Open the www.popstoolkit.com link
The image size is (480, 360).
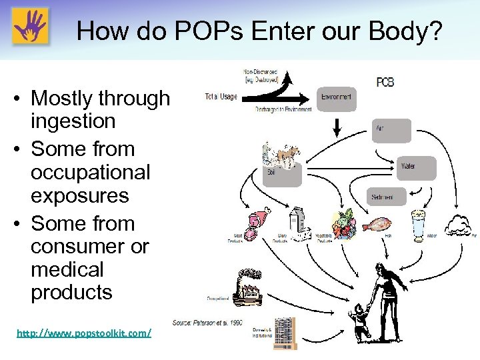[x=84, y=332]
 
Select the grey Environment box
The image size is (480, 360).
[x=337, y=98]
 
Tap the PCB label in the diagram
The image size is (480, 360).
[x=385, y=82]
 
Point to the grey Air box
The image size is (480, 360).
[x=391, y=131]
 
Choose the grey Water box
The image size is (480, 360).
[x=417, y=168]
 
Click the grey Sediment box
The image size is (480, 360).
[x=386, y=197]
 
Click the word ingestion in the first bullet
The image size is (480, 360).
[x=73, y=121]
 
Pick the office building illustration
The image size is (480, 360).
[x=284, y=333]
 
